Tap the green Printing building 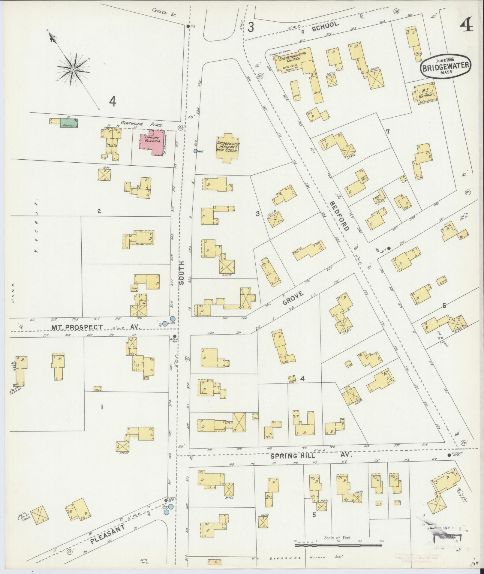69,123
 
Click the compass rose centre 73,69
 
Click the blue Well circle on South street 195,151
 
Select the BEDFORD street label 339,216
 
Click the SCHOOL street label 325,27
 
